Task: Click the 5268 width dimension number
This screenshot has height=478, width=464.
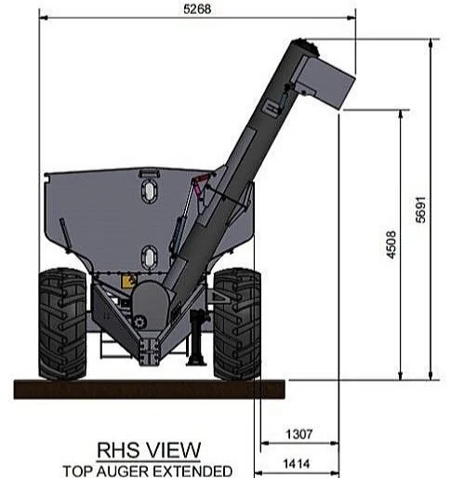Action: tap(197, 9)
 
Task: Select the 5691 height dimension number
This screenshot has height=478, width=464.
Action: tap(420, 209)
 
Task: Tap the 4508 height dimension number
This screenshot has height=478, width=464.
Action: tap(391, 245)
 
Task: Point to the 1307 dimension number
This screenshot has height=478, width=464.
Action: tap(298, 434)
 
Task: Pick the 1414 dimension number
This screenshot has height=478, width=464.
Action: tap(297, 464)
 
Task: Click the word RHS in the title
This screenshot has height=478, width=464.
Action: tap(118, 450)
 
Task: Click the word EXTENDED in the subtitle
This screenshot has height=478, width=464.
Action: tap(192, 471)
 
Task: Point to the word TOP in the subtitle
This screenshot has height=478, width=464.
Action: tap(78, 471)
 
